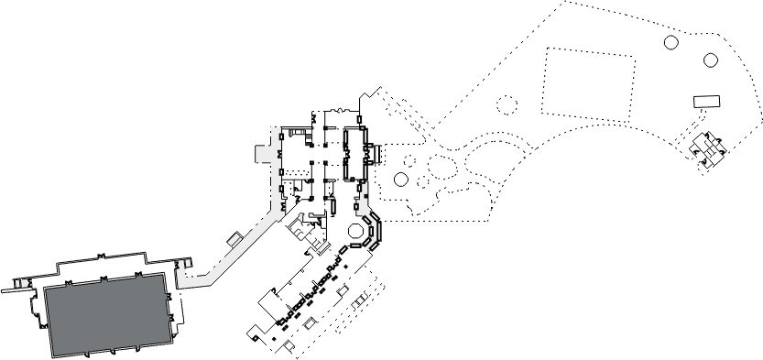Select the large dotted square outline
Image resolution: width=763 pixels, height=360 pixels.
(x=590, y=82)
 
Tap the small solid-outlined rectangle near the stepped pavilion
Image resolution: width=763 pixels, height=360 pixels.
(x=707, y=99)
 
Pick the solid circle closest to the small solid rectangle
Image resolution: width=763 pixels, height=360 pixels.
(x=711, y=60)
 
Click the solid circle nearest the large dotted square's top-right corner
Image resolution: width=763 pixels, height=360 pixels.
(x=670, y=42)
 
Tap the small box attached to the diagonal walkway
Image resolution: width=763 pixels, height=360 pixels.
(x=234, y=239)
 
